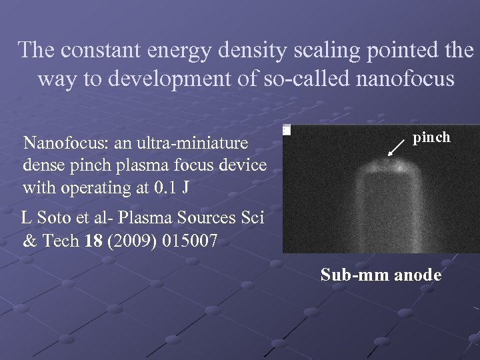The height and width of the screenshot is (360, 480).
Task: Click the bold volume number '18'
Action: point(93,241)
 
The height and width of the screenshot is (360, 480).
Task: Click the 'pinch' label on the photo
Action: point(431,137)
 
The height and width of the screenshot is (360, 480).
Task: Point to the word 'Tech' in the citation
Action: point(61,241)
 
